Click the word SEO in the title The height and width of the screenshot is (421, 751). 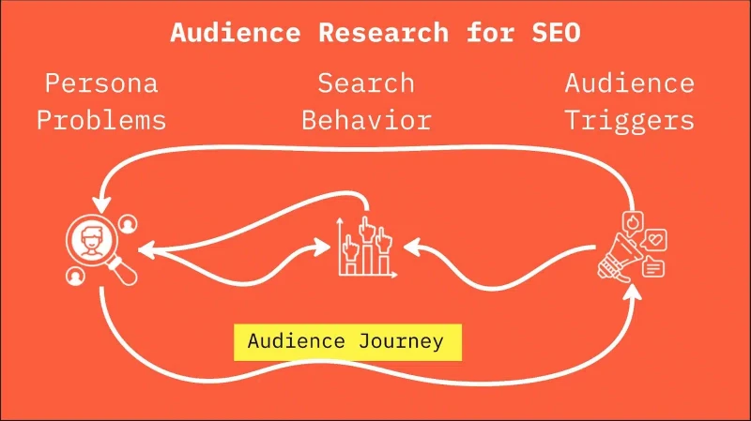(556, 33)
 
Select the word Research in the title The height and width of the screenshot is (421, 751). (384, 33)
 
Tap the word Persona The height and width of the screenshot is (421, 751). (101, 83)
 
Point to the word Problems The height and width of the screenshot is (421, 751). (101, 120)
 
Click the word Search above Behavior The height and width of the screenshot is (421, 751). (366, 83)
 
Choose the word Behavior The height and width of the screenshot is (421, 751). (366, 120)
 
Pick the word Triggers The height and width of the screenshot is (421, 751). (630, 120)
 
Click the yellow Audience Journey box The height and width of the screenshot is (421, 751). (347, 342)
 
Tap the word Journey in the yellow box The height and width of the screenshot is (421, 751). (402, 342)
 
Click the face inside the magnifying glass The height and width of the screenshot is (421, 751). (91, 241)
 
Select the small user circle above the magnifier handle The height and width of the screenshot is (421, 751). (128, 224)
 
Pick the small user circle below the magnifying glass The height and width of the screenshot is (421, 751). (75, 276)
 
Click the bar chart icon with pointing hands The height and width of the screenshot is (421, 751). (367, 248)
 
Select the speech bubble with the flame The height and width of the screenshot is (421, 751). (633, 222)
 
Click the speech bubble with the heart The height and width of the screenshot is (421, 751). (654, 240)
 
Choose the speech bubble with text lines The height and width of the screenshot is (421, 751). (653, 267)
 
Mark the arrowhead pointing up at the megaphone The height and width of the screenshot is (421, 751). (633, 292)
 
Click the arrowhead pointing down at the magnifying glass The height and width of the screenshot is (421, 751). (101, 204)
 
